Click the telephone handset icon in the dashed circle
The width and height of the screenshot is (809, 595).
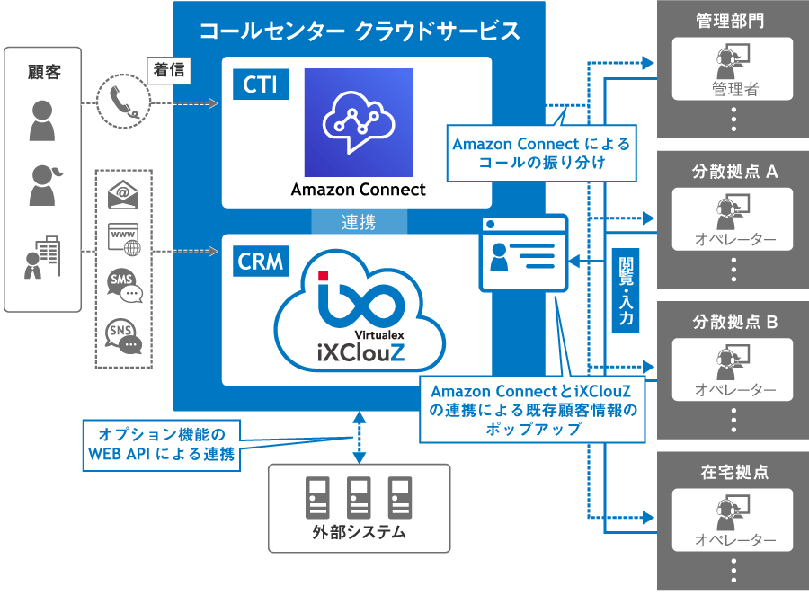(122, 102)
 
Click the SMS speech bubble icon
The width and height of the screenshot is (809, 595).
(124, 286)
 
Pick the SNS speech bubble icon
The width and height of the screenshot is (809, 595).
(124, 337)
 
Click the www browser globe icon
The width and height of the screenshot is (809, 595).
(124, 239)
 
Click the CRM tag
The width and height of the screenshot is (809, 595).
(261, 262)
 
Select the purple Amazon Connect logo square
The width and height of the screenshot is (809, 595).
(358, 122)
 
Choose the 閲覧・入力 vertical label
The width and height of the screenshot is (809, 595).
(626, 291)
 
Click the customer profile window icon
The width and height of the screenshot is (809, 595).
(523, 253)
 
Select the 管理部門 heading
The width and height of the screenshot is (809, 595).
(730, 21)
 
